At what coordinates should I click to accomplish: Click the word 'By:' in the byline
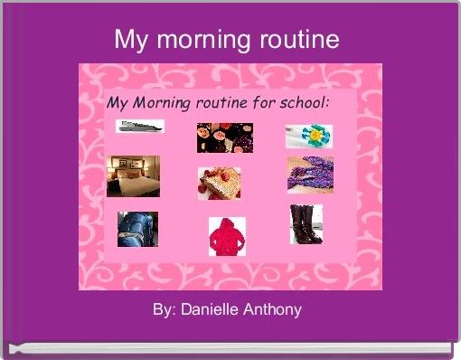tap(164, 310)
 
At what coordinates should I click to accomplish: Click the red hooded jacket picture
tap(226, 237)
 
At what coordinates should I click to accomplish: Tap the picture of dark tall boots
tap(306, 224)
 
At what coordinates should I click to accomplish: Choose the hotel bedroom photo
tap(133, 176)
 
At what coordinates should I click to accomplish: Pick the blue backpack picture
tap(136, 228)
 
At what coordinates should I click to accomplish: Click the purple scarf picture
tap(310, 175)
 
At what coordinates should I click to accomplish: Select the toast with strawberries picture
tap(219, 183)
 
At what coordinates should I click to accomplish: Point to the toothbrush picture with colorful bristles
tap(309, 136)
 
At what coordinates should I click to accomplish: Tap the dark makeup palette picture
tap(224, 137)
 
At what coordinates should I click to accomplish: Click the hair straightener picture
tap(138, 127)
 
